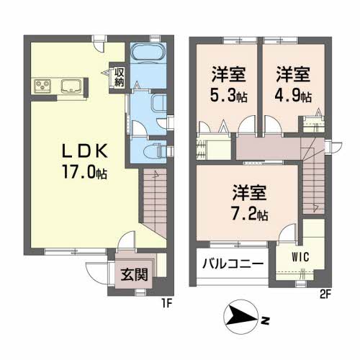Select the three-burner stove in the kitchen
point(42,86)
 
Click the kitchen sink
point(71,86)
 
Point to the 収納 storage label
point(119,77)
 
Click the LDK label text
point(85,151)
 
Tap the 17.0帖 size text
point(85,172)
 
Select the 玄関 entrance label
point(134,274)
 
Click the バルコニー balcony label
point(233,264)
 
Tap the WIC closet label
point(300,257)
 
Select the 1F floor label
point(167,304)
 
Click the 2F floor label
point(325,294)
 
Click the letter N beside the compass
point(265,320)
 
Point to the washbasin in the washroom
point(159,103)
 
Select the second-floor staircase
point(313,176)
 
